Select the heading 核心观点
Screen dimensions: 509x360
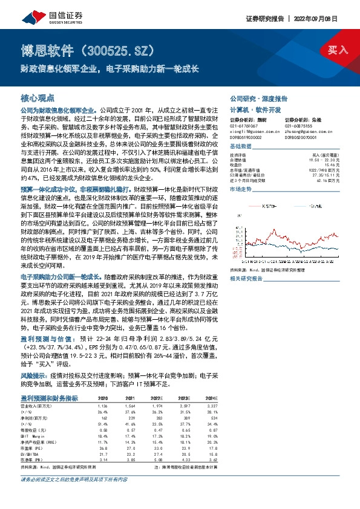coord(38,97)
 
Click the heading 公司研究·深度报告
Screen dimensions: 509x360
coord(258,98)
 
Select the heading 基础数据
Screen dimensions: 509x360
coord(242,147)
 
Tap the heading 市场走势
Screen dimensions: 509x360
coord(242,189)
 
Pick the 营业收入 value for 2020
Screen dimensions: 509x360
coord(103,407)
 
